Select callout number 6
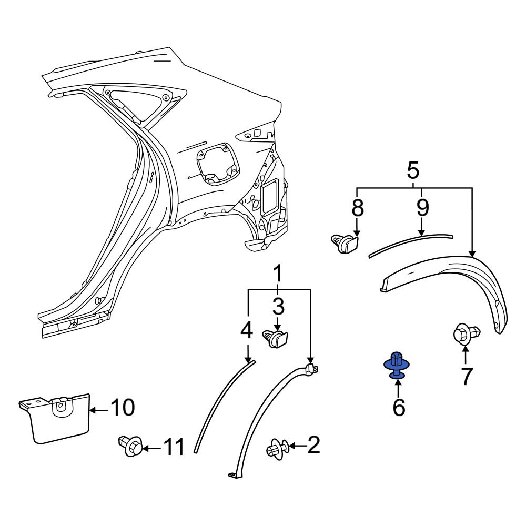coord(399,408)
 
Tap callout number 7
coord(466,376)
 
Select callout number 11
coord(174,447)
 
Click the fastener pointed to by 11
coord(130,446)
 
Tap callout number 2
coord(313,445)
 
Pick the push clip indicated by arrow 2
coord(277,449)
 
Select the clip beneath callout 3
coord(275,338)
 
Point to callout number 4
coord(247,330)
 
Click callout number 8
coord(358,207)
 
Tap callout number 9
coord(423,207)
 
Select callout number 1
coord(278,275)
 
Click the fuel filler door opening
coord(218,164)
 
